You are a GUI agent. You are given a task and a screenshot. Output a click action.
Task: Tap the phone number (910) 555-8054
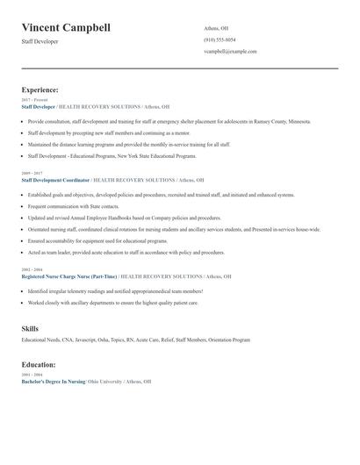pyautogui.click(x=220, y=39)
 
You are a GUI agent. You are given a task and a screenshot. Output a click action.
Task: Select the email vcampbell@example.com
pyautogui.click(x=230, y=51)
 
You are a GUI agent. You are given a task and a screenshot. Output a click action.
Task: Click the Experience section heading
pyautogui.click(x=40, y=89)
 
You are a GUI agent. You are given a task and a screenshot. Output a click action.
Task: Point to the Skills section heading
pyautogui.click(x=30, y=328)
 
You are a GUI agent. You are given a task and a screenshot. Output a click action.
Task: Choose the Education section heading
pyautogui.click(x=39, y=364)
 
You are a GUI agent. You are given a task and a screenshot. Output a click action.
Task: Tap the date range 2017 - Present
pyautogui.click(x=34, y=100)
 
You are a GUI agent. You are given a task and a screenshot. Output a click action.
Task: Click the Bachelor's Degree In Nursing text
pyautogui.click(x=53, y=383)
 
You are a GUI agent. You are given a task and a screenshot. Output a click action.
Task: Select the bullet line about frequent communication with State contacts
pyautogui.click(x=74, y=206)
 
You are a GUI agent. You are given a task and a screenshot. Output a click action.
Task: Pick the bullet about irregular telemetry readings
pyautogui.click(x=115, y=290)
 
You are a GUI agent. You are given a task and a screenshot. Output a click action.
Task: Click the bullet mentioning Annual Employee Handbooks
pyautogui.click(x=124, y=218)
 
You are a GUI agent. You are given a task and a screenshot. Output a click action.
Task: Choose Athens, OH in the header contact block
pyautogui.click(x=216, y=27)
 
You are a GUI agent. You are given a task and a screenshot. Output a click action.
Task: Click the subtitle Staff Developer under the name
pyautogui.click(x=40, y=41)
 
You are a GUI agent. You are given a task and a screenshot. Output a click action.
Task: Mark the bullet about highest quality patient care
pyautogui.click(x=112, y=302)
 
